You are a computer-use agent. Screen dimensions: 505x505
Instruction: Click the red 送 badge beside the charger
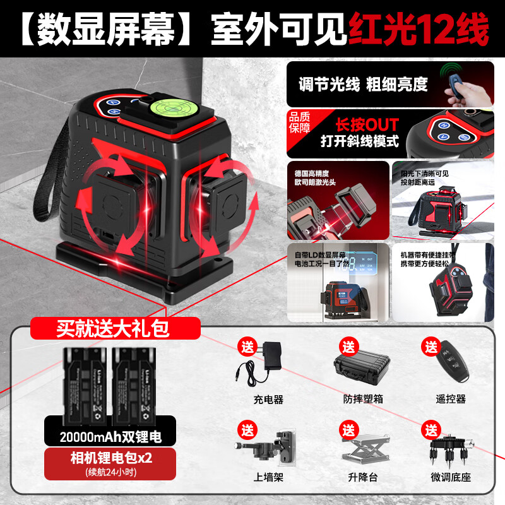coord(245,347)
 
